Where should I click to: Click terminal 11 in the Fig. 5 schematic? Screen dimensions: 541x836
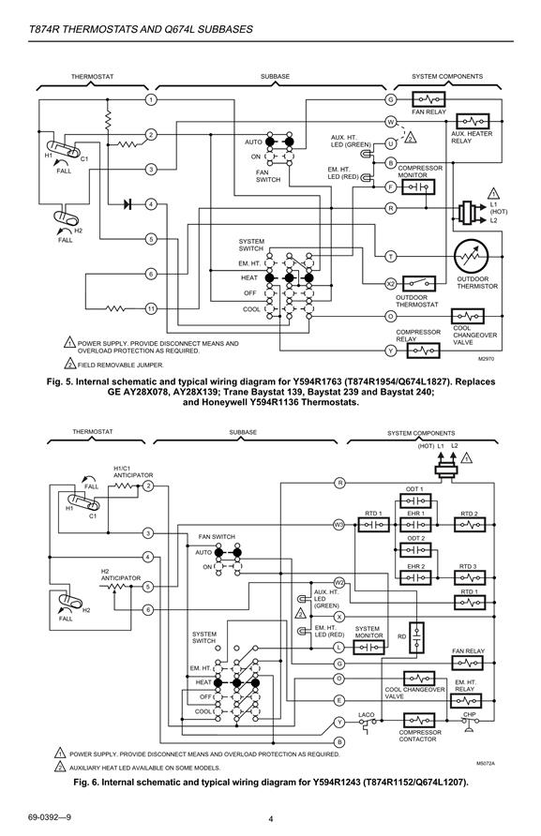pos(152,308)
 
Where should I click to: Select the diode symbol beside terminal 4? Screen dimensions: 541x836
pos(128,204)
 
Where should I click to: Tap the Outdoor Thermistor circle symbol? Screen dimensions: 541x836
pos(471,257)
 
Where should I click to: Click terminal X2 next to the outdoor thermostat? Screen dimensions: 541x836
pos(391,284)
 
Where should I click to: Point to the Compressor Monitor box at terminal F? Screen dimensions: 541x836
pos(418,187)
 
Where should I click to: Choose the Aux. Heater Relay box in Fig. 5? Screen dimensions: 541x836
pos(473,122)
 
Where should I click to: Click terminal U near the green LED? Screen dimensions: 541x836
pos(391,143)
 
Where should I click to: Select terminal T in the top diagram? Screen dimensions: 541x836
pos(391,257)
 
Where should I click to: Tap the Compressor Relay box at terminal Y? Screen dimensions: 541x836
pos(424,351)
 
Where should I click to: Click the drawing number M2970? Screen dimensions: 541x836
pos(486,359)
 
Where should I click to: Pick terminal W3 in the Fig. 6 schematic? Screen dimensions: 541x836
pos(338,525)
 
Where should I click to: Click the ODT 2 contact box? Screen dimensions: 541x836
pos(415,550)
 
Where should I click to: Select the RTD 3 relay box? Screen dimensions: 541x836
pos(470,577)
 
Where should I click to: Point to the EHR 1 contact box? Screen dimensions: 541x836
pos(415,525)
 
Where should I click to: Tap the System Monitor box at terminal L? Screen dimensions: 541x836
pos(368,648)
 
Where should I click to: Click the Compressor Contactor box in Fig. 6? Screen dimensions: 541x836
pos(419,721)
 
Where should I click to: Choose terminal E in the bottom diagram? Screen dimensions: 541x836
pos(338,700)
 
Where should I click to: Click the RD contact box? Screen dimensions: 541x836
pos(416,637)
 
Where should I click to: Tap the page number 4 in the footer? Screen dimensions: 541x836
pos(271,819)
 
